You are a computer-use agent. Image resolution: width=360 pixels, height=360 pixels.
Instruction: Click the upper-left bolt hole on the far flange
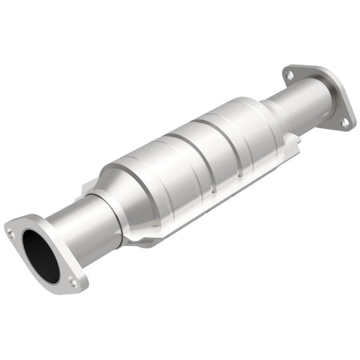tap(289, 75)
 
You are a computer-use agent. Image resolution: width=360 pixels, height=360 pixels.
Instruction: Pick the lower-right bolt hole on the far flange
tap(345, 121)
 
